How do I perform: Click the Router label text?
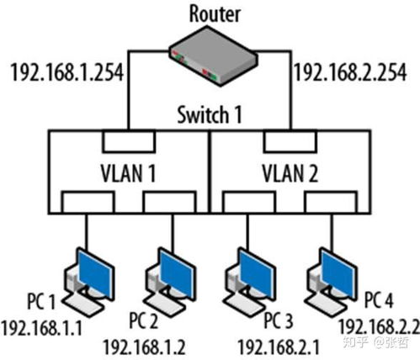pos(215,14)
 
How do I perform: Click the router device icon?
pos(213,56)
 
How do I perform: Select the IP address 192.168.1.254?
pos(67,72)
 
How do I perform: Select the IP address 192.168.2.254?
pos(350,72)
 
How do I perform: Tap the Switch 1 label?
pos(210,114)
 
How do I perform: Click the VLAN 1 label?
pos(128,173)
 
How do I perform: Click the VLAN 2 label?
pos(290,173)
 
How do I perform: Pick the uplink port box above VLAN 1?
pos(129,141)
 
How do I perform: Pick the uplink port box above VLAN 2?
pos(290,141)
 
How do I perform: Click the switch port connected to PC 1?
pos(88,203)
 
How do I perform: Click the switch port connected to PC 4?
pos(332,203)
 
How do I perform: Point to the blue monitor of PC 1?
pos(96,273)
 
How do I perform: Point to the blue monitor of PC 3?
pos(258,273)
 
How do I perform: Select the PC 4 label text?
pos(379,300)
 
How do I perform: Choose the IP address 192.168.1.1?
pos(41,328)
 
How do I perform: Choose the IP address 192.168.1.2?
pos(145,347)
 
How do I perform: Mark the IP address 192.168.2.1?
pos(279,347)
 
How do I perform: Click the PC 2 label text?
pos(144,321)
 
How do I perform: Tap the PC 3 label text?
pos(279,321)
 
